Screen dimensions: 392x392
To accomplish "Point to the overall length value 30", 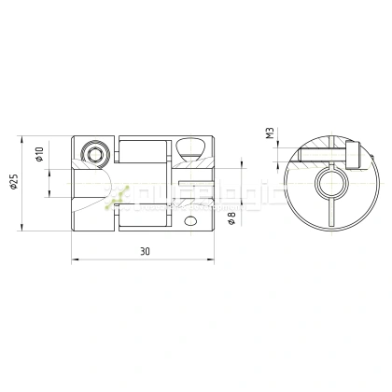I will [144, 252].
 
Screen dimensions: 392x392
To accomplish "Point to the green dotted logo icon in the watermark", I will [118, 197].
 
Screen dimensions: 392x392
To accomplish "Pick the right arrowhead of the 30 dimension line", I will [212, 259].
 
